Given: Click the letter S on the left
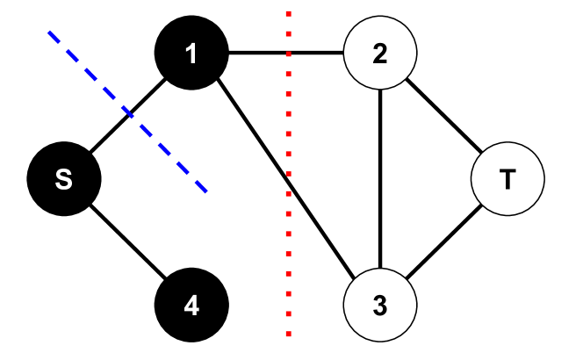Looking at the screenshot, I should [x=63, y=179].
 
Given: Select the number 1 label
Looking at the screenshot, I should [x=191, y=54].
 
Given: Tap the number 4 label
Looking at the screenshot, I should [x=191, y=306].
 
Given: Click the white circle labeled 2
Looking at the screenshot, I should [x=379, y=53].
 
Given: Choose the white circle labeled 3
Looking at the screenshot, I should [x=379, y=305].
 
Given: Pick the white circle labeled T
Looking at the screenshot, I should [x=507, y=179].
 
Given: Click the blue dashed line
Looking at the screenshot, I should [x=127, y=112].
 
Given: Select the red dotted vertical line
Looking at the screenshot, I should [x=288, y=174].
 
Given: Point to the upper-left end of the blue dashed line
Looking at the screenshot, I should [x=49, y=33].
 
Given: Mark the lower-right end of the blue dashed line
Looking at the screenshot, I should [x=205, y=190].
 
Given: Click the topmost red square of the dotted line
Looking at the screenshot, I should [x=288, y=14].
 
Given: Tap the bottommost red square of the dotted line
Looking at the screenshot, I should [x=288, y=334].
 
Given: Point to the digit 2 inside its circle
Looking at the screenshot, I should [x=379, y=54].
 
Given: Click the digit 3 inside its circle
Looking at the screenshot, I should [x=379, y=306].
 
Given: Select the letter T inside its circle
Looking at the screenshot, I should [x=507, y=179].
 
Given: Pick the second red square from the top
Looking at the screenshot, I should [x=288, y=34].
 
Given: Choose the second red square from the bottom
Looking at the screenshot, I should [x=288, y=313].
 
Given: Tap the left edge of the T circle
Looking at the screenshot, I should [x=473, y=179].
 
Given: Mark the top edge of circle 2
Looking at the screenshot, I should [x=379, y=18].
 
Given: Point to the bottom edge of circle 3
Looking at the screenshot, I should [x=379, y=340].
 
